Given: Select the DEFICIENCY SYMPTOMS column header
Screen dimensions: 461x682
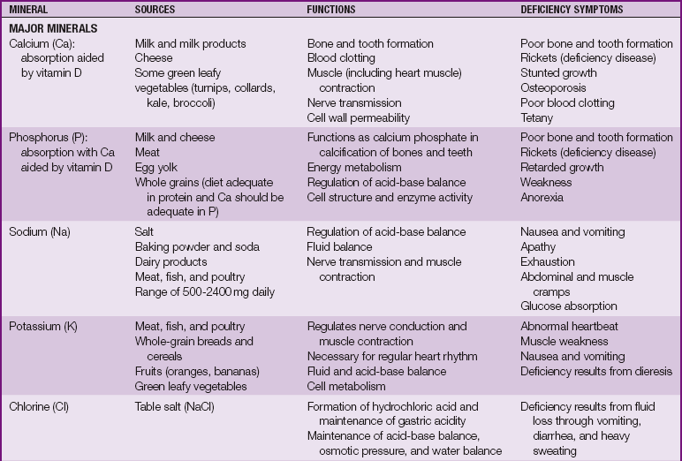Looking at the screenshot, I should click(x=572, y=9).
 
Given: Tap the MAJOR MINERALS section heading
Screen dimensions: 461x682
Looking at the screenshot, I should click(x=52, y=28).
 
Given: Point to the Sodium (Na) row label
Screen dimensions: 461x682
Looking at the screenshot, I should click(x=40, y=232).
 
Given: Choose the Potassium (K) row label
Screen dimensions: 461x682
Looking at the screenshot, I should click(x=43, y=327).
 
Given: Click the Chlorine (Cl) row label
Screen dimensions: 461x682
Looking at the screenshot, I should click(x=42, y=407).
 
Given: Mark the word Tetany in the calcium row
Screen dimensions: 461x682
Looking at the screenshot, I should click(x=537, y=118).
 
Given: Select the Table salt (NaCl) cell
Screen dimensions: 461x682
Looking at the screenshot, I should click(x=175, y=407).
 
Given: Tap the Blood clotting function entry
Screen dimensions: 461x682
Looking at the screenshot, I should click(x=341, y=58).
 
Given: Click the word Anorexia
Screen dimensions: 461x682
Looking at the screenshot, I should click(x=542, y=198).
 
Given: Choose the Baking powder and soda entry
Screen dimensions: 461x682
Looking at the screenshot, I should click(x=197, y=247).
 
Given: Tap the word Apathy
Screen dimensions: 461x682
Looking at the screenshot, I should click(x=539, y=247).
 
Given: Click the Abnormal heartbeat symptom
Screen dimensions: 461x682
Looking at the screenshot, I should click(x=569, y=327).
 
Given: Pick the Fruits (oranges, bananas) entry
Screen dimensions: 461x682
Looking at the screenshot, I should click(x=198, y=372).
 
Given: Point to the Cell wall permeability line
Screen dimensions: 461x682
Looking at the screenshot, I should click(x=358, y=118).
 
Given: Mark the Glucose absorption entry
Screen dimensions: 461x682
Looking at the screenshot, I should click(x=569, y=306).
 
